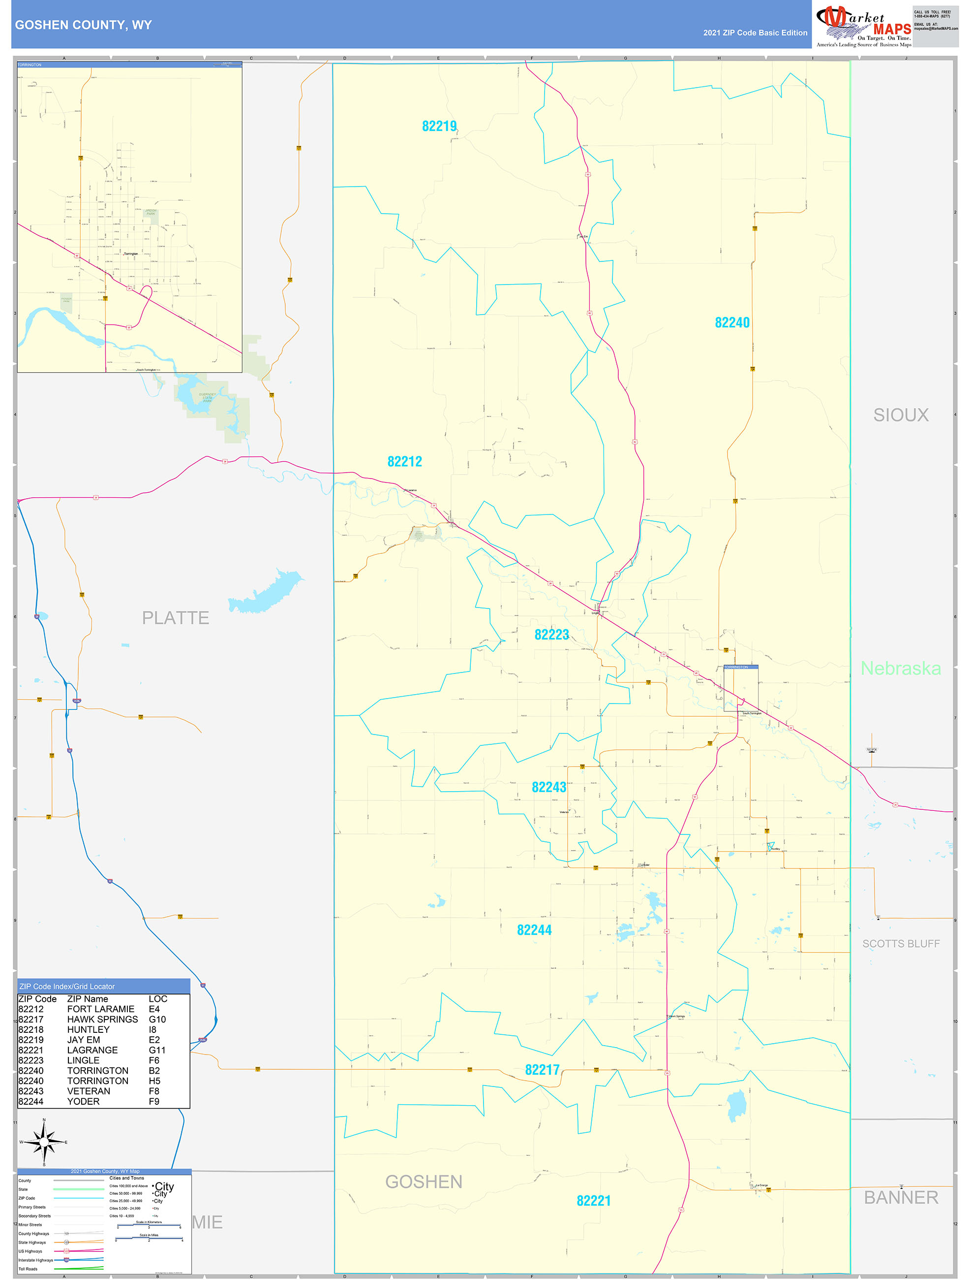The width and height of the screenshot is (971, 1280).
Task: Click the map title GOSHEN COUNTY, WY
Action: [x=83, y=25]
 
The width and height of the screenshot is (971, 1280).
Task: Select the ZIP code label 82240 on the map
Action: [x=731, y=322]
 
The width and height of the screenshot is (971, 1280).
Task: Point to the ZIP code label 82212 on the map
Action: [x=404, y=461]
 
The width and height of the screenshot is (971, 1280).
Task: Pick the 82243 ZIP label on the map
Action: [x=548, y=787]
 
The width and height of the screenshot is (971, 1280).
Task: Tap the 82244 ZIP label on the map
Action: [x=534, y=930]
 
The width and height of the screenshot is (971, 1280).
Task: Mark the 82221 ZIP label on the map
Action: [x=593, y=1201]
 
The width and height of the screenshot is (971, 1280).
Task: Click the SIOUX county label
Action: [x=901, y=415]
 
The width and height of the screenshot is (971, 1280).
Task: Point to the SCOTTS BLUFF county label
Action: [x=901, y=944]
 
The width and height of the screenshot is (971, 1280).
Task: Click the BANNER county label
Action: [x=901, y=1197]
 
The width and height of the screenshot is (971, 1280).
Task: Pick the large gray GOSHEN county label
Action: [x=424, y=1182]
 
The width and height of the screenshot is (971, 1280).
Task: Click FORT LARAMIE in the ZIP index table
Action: [x=101, y=1009]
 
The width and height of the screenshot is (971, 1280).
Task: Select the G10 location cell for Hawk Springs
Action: [x=157, y=1019]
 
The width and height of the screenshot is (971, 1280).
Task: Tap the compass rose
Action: [x=44, y=1142]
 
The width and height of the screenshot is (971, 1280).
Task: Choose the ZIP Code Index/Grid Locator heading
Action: [x=67, y=987]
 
